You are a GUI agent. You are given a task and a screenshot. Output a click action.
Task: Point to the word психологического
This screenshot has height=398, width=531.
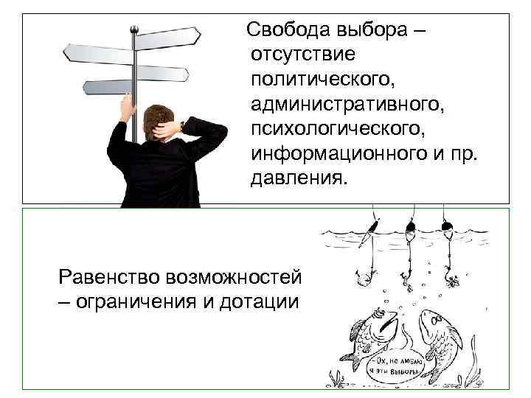point(339,130)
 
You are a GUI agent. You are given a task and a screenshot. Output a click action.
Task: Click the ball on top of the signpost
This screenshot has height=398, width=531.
point(134,29)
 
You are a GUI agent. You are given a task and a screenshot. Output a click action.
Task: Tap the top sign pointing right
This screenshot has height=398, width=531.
point(169,35)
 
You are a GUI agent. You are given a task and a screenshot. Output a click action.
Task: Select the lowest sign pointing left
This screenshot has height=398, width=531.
point(107,87)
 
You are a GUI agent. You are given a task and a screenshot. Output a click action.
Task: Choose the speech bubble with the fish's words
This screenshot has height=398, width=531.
point(399,366)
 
